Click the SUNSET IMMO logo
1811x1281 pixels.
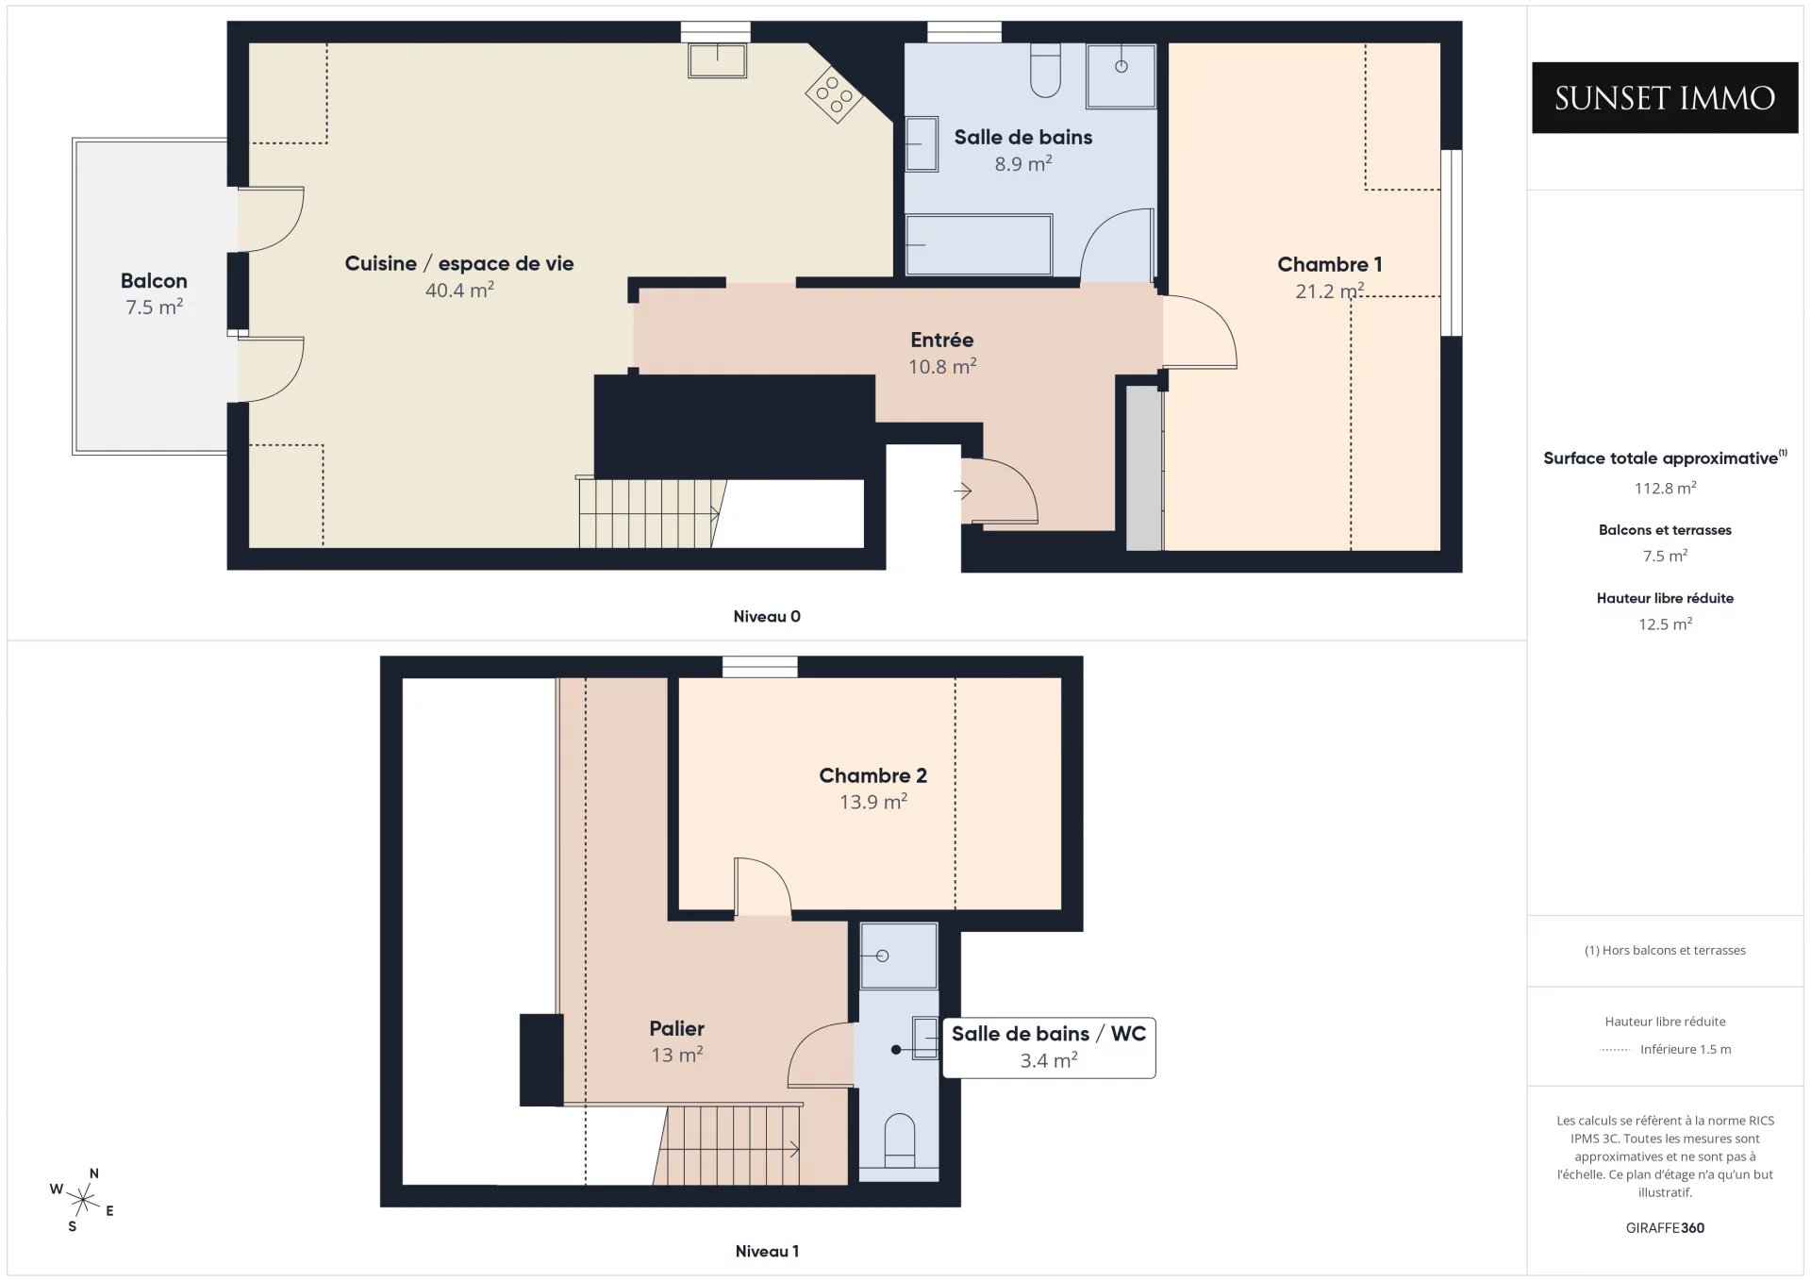tap(1665, 97)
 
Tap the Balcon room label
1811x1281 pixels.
tap(154, 281)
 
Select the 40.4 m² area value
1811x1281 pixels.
tap(459, 290)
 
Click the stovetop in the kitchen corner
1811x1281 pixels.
tap(834, 93)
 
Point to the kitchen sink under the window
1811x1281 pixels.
tap(717, 60)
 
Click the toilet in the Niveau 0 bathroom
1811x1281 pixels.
tap(1045, 70)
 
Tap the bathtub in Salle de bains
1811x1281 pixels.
tap(978, 245)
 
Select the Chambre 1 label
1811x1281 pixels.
tap(1329, 265)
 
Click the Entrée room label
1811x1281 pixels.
tap(942, 340)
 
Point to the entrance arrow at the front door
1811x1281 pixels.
tap(963, 491)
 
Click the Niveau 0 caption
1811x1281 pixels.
tap(767, 617)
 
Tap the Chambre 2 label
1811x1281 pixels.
tap(872, 775)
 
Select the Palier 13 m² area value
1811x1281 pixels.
tap(677, 1055)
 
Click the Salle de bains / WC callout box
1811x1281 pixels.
tap(1049, 1047)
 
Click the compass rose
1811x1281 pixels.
tap(83, 1200)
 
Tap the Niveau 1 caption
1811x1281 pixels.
tap(767, 1252)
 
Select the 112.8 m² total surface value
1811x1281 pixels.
tap(1665, 488)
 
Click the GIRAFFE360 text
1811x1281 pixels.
tap(1665, 1228)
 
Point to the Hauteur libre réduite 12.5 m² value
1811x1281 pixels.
tap(1665, 624)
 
